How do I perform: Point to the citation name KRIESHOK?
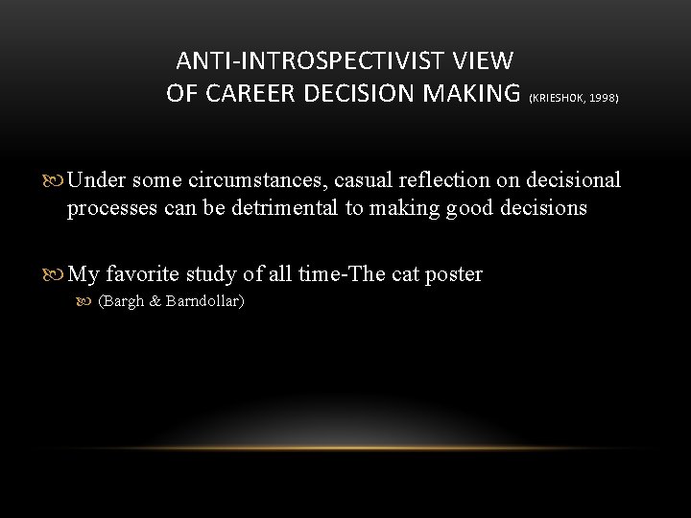561,99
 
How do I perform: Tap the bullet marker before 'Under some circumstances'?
55,180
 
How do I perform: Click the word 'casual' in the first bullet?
365,180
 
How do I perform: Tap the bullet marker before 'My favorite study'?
55,274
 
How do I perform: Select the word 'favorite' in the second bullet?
140,274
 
